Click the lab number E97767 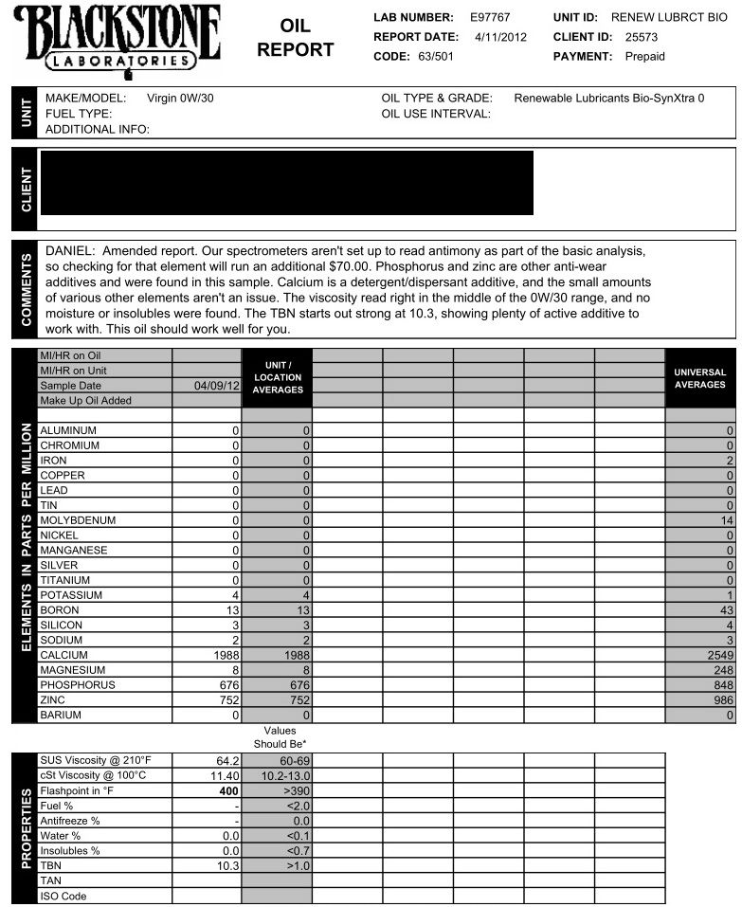490,18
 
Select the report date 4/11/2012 499,37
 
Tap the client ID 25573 642,37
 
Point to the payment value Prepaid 645,56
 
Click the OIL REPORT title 296,38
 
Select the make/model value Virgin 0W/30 187,98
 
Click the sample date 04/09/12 217,386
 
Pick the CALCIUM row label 63,655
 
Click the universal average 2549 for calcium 717,655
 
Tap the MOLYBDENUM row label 78,520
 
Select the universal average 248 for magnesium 722,670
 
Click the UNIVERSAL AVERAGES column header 699,378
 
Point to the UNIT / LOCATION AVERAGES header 277,377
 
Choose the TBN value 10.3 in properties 226,865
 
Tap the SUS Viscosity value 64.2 226,760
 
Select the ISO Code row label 63,896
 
